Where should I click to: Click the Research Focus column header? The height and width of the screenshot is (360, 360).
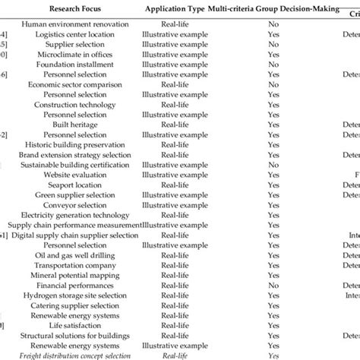[74, 9]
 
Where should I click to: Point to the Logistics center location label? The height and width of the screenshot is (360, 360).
[74, 34]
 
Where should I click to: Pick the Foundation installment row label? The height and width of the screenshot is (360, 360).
[74, 65]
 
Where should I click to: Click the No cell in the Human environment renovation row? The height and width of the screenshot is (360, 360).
[273, 24]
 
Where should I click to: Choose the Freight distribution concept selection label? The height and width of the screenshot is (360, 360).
[74, 354]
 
